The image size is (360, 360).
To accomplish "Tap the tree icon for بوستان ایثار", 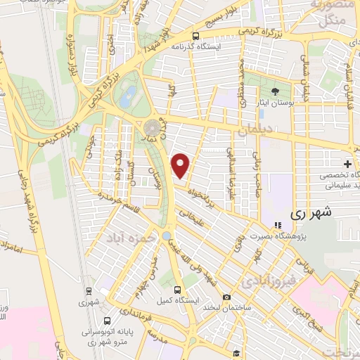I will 276,91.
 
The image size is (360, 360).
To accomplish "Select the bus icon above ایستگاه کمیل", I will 177,289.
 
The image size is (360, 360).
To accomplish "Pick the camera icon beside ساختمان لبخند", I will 226,297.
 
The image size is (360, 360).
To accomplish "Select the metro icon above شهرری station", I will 89,291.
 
